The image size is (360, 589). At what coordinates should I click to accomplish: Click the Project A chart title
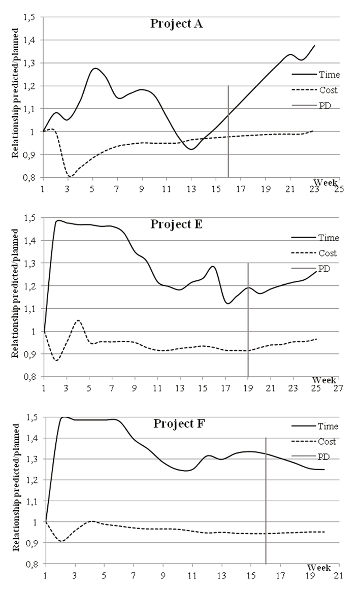pos(176,24)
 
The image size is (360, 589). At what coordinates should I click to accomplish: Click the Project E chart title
pos(176,224)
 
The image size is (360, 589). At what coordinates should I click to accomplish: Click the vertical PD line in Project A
pos(228,132)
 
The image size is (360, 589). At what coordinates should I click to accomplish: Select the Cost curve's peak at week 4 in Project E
pos(78,320)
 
